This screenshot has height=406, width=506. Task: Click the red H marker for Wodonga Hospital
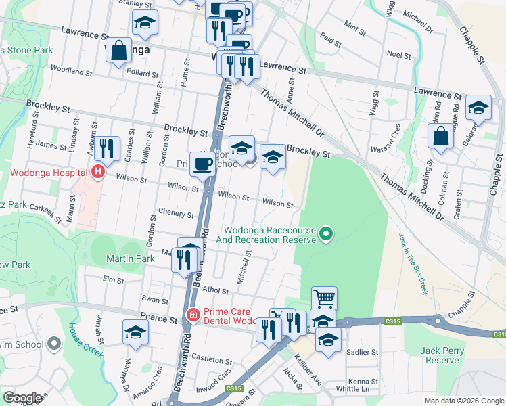(x=98, y=172)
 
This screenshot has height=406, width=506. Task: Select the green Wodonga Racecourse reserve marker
(x=326, y=234)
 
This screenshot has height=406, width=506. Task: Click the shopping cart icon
(x=324, y=298)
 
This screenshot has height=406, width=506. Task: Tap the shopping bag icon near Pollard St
(x=118, y=50)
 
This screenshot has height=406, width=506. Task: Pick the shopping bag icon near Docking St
(x=440, y=135)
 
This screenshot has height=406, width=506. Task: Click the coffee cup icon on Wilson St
(x=202, y=164)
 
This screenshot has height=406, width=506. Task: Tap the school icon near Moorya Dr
(x=135, y=332)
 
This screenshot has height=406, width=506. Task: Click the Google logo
(x=22, y=398)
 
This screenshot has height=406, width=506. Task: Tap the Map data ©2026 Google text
(x=463, y=401)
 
